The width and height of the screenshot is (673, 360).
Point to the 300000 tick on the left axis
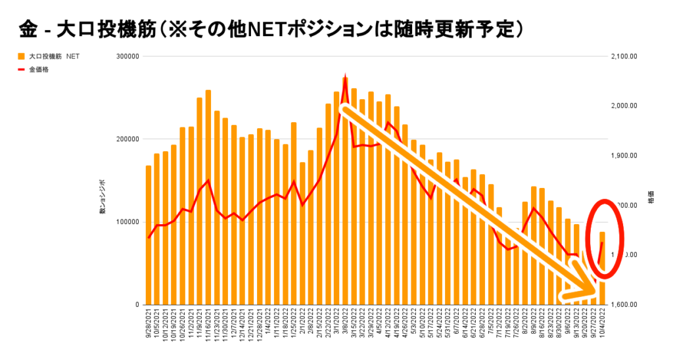pyautogui.click(x=127, y=56)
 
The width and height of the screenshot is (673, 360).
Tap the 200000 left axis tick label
pyautogui.click(x=127, y=139)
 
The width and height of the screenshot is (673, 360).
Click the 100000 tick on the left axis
pyautogui.click(x=127, y=222)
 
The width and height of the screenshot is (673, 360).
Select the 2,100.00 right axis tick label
pyautogui.click(x=624, y=56)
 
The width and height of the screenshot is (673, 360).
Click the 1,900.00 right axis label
pyautogui.click(x=624, y=156)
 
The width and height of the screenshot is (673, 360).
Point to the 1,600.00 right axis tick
pyautogui.click(x=624, y=305)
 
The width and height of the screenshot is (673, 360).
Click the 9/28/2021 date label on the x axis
pyautogui.click(x=149, y=328)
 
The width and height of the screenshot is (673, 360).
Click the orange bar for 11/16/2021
pyautogui.click(x=208, y=197)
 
